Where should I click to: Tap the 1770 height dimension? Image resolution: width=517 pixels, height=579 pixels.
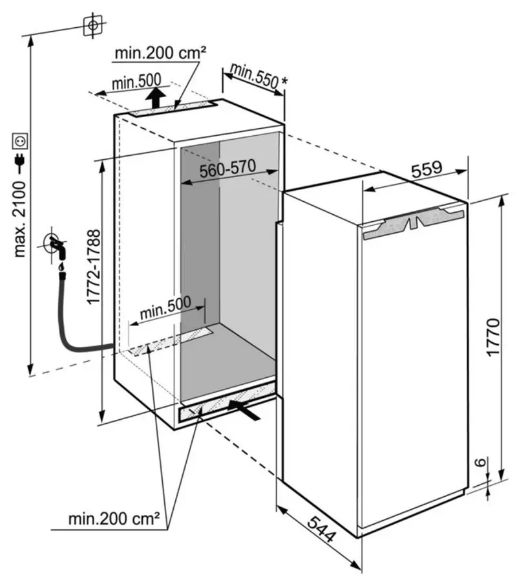[493, 336]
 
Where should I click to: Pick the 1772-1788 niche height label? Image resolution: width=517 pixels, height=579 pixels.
[94, 267]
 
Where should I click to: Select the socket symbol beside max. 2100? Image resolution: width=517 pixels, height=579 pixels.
[19, 140]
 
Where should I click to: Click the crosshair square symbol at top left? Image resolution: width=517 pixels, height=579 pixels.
[93, 25]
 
